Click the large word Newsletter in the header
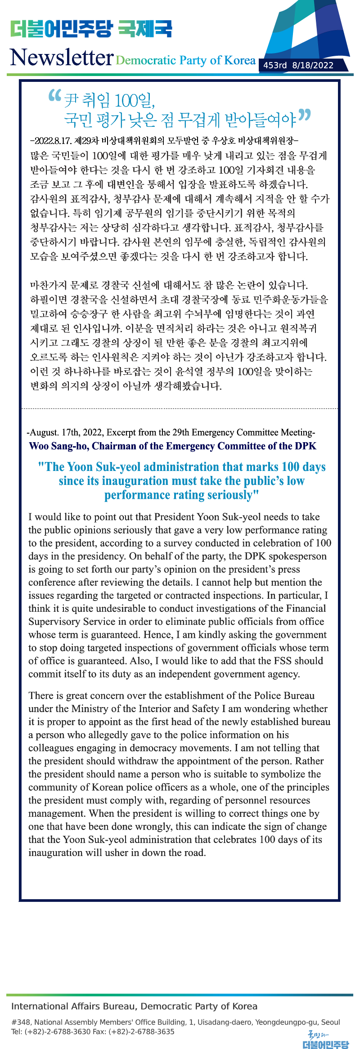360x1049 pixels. [x=62, y=58]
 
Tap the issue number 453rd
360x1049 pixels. [x=274, y=65]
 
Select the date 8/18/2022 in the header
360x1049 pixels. [x=313, y=65]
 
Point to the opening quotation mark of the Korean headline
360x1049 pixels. [x=54, y=95]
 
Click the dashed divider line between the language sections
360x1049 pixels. [x=180, y=408]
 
